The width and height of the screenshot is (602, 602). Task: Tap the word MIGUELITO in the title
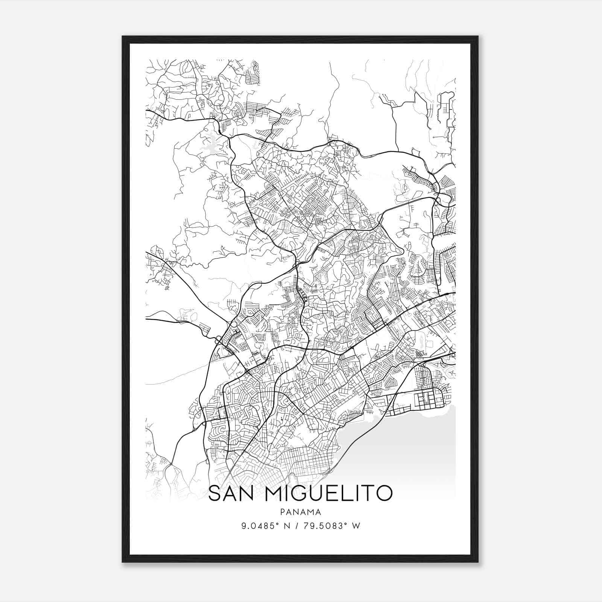point(328,493)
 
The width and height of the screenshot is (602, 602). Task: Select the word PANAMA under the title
point(300,512)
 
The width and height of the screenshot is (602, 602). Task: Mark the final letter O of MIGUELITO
point(384,493)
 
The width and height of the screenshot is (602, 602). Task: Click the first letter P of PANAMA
point(282,512)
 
